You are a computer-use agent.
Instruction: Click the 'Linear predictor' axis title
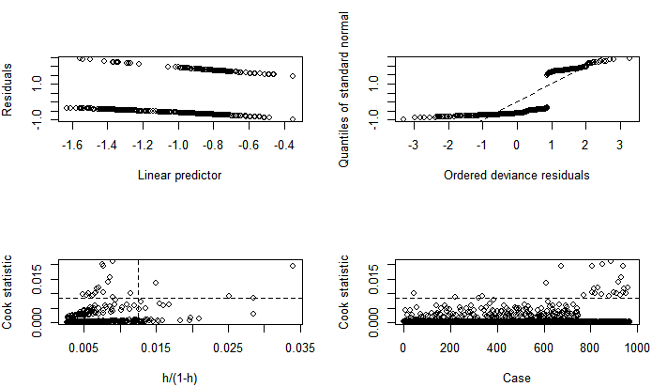click(x=179, y=174)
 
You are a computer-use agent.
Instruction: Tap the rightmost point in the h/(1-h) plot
click(x=293, y=266)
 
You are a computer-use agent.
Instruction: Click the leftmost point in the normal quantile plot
click(x=403, y=119)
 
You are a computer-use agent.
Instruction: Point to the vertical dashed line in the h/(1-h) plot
click(x=138, y=282)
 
